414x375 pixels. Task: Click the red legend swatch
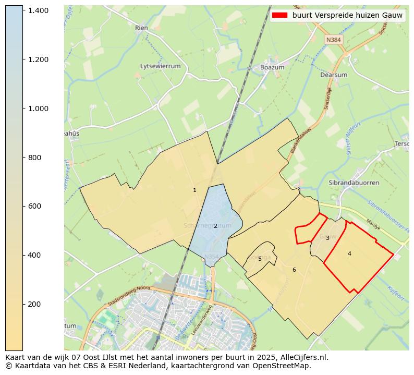point(280,16)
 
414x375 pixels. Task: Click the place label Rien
point(141,28)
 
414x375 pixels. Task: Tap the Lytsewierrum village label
point(160,66)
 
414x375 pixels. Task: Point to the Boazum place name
point(272,68)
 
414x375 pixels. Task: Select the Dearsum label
point(333,75)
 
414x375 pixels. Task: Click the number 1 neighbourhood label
point(194,190)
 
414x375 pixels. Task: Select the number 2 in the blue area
point(215,226)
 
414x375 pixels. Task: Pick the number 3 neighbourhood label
point(327,238)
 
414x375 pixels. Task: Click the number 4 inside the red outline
point(349,253)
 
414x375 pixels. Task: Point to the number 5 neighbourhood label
point(260,259)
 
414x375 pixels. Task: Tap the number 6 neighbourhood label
point(294,270)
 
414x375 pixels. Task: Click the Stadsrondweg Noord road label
point(129,296)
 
